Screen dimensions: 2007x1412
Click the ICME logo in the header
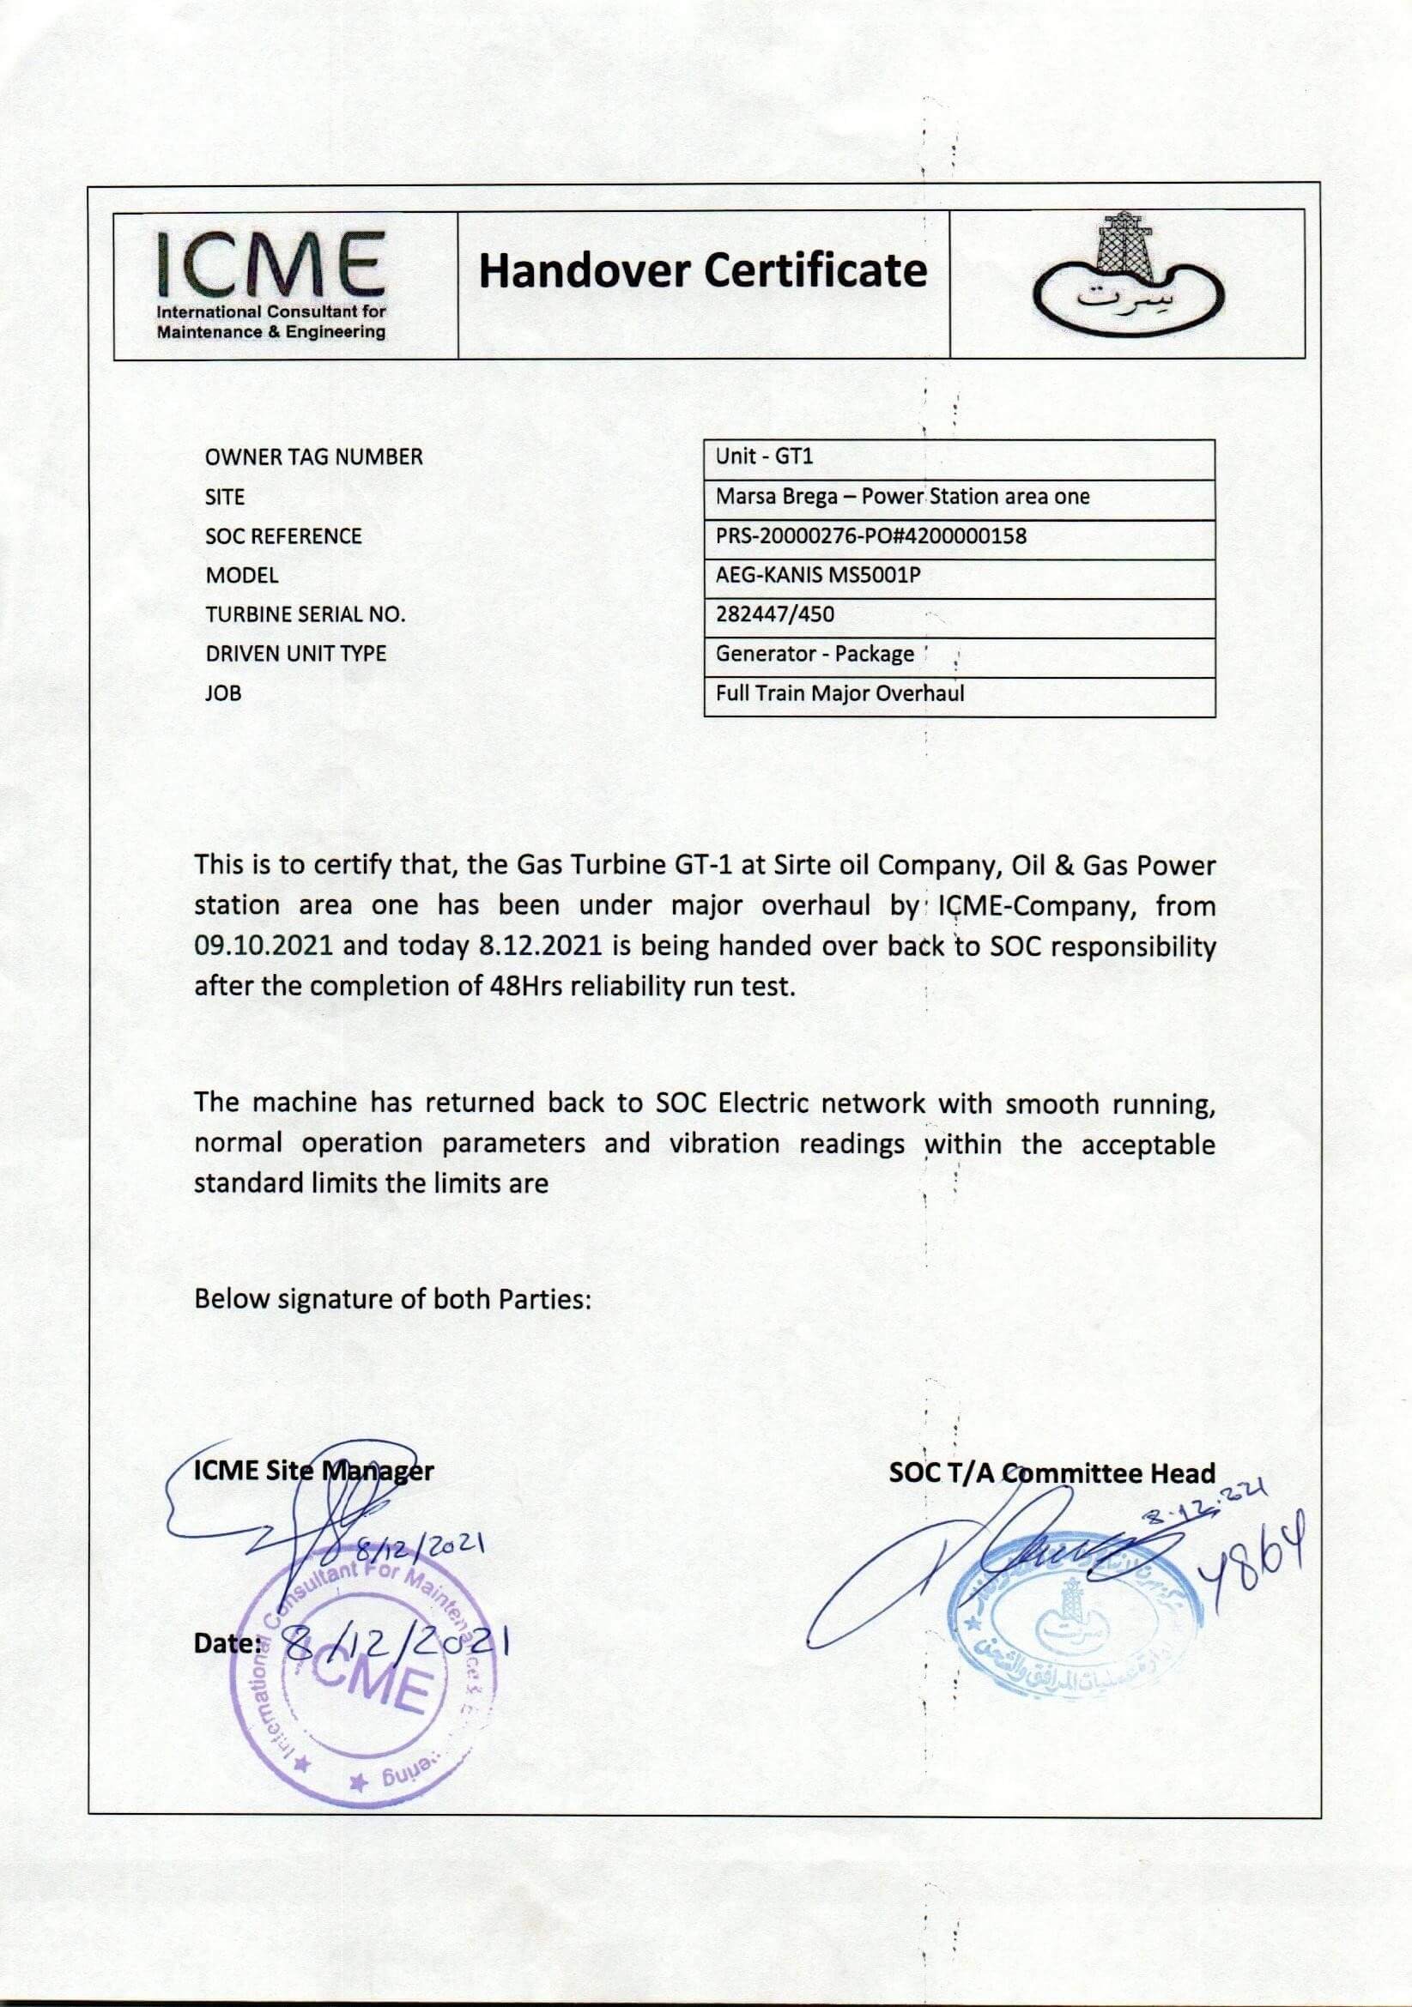(x=271, y=284)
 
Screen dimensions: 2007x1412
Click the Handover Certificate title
(x=702, y=271)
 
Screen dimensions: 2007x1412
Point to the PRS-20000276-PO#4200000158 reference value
(x=871, y=535)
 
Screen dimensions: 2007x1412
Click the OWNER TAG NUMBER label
(x=313, y=457)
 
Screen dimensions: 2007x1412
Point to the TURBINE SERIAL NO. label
(x=305, y=614)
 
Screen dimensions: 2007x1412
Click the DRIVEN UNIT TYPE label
(x=295, y=654)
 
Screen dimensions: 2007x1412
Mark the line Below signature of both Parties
(x=393, y=1299)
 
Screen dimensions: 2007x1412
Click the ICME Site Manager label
(x=313, y=1471)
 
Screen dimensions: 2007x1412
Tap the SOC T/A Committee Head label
(x=1051, y=1473)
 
